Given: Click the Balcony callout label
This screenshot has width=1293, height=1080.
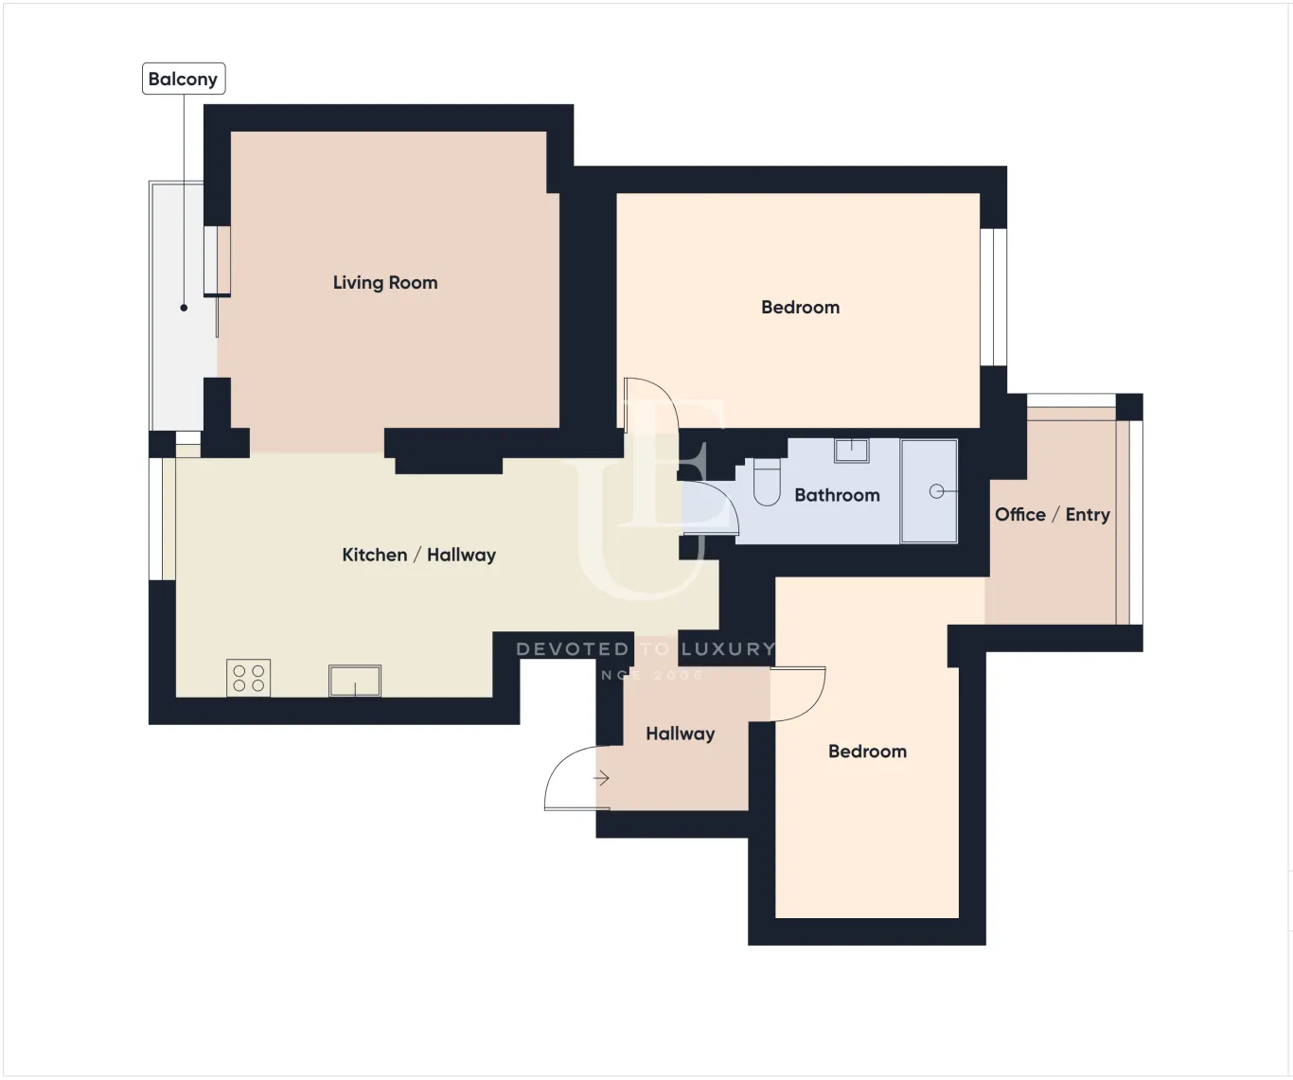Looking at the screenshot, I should pos(183,79).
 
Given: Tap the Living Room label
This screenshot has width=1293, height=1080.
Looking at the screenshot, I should pos(385,282).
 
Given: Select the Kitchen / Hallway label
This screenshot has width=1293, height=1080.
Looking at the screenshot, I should pos(418,555).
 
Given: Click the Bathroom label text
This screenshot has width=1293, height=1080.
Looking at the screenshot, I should pos(837,495).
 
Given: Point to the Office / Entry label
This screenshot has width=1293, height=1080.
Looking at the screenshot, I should pos(1052,515).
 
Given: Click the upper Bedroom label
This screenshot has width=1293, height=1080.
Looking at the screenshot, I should pos(800,308).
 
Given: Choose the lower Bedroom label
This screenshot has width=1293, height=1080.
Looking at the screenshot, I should pos(867,752).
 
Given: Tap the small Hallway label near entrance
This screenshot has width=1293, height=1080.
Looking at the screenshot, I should pos(680,734).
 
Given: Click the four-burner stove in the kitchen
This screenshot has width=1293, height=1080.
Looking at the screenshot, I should pos(249,678).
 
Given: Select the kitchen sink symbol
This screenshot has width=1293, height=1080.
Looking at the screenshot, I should pos(355,681).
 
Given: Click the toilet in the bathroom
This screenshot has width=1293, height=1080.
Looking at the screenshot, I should pos(767,482).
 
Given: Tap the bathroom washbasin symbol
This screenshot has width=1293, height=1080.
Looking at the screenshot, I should pos(851,450).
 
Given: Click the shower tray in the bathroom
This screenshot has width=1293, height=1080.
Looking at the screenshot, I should pos(929,491).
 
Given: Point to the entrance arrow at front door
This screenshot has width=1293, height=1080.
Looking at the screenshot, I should pos(601,779).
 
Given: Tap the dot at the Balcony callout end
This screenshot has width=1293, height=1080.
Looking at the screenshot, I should pos(184,308).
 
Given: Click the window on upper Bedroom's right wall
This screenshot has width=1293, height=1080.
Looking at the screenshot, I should pos(993,297).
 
